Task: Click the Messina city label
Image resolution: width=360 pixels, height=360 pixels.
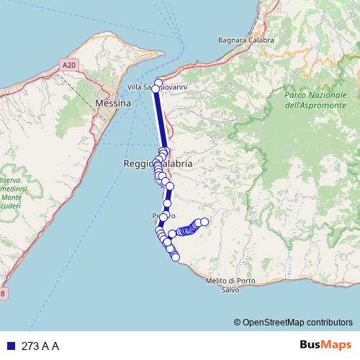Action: [112, 104]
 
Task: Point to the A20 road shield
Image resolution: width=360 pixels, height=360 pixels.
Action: [68, 65]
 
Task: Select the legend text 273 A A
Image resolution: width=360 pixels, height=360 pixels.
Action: [40, 346]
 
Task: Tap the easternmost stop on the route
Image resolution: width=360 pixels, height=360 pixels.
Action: [204, 222]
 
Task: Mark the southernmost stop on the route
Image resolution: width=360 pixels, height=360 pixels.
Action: [175, 258]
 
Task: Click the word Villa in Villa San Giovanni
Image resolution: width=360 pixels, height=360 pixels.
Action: [135, 87]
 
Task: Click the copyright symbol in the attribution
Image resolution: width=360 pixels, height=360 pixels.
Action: [237, 322]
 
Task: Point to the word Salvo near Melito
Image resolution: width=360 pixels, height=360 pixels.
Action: [231, 289]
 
